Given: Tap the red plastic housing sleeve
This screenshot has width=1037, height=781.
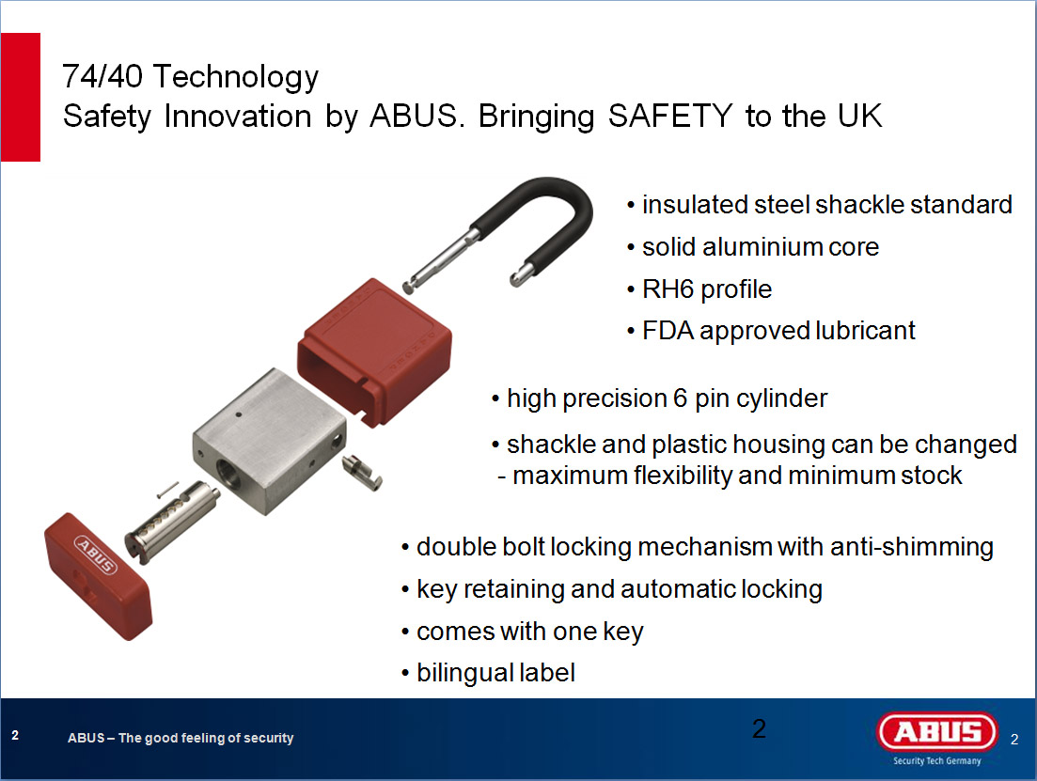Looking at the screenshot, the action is (x=375, y=351).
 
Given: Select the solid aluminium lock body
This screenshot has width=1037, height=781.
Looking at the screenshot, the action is (x=269, y=440).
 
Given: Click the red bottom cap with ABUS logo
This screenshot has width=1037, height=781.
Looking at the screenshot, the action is (x=98, y=576).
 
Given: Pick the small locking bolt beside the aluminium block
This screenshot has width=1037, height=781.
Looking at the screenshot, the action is (x=362, y=472).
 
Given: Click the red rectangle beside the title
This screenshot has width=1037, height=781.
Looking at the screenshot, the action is (x=21, y=97).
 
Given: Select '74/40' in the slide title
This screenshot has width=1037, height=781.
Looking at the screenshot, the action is (x=102, y=76).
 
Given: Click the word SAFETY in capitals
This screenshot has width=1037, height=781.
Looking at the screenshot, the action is (x=670, y=116).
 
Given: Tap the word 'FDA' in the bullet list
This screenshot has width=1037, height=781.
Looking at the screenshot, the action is (x=668, y=331).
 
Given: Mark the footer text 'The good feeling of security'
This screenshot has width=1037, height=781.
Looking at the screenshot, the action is (x=206, y=738).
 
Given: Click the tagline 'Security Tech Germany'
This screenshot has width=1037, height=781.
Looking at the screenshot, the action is (x=937, y=760).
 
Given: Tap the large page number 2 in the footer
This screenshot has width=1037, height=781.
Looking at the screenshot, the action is (x=760, y=728).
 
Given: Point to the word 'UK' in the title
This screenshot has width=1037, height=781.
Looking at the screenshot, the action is (x=859, y=116).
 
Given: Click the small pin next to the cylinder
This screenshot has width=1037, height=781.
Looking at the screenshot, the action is (x=168, y=490).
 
